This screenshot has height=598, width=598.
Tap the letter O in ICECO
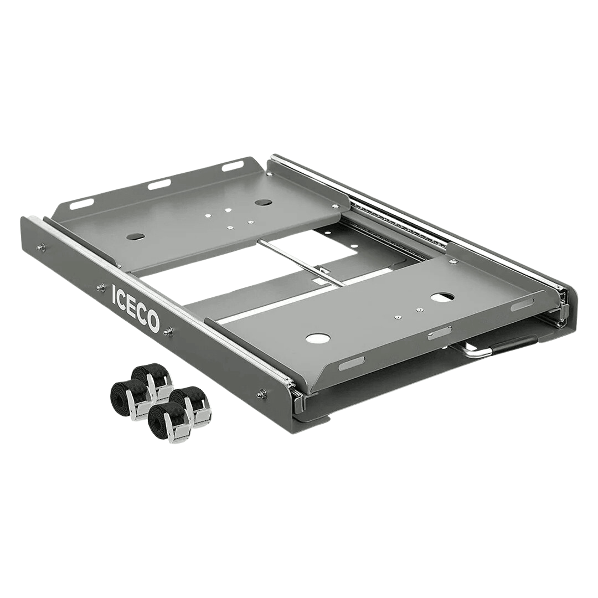click(153, 323)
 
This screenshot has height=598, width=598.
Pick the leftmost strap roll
click(126, 397)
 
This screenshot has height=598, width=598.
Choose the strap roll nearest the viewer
click(166, 421)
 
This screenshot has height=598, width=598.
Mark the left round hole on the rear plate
click(135, 236)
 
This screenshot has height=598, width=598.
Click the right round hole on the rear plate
click(263, 202)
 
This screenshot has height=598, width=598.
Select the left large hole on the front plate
click(318, 338)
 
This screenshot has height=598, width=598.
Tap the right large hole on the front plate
click(442, 297)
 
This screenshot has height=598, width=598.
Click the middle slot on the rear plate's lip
click(159, 184)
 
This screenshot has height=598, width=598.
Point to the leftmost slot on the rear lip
click(81, 204)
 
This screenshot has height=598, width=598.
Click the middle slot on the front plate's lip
click(439, 333)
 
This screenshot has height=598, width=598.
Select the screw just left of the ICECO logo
click(100, 287)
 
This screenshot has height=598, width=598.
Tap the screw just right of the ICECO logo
click(168, 332)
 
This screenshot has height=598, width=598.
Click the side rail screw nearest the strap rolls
click(261, 394)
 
